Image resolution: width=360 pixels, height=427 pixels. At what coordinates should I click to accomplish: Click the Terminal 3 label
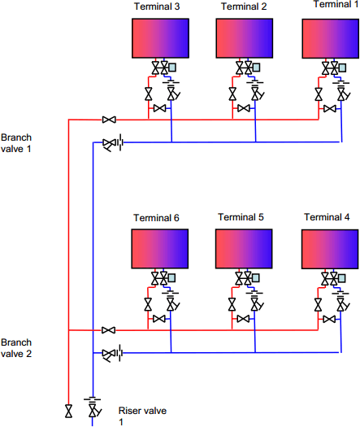[157, 7]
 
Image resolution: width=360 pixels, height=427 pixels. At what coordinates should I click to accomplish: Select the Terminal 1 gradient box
[331, 39]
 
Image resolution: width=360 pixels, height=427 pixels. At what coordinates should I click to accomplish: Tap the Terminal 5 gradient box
[244, 249]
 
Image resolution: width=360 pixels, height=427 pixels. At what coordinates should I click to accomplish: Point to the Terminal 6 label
[156, 218]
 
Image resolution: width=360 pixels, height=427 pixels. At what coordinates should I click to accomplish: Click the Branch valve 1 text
[16, 143]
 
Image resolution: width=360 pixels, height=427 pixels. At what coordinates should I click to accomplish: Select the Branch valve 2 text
[16, 348]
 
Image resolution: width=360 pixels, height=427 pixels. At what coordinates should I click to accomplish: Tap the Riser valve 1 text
[142, 416]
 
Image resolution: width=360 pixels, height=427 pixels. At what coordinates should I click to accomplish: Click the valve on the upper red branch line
[109, 120]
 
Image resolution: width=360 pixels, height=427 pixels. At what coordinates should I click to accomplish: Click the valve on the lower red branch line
[109, 330]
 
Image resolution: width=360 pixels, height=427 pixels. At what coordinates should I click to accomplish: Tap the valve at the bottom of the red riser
[69, 411]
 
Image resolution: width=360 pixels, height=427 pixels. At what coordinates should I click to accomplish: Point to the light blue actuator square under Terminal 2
[256, 68]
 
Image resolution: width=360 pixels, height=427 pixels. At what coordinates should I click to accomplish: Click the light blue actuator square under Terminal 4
[341, 278]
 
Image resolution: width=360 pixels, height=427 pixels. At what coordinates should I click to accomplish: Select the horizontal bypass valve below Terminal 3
[159, 108]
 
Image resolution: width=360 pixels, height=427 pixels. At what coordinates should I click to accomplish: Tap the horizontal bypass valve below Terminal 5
[243, 319]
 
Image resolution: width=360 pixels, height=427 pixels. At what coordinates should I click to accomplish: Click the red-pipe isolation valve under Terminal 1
[319, 94]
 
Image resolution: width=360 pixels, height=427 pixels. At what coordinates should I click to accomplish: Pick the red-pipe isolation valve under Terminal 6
[148, 304]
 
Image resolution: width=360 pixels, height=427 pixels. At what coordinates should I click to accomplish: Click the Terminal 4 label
[327, 217]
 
